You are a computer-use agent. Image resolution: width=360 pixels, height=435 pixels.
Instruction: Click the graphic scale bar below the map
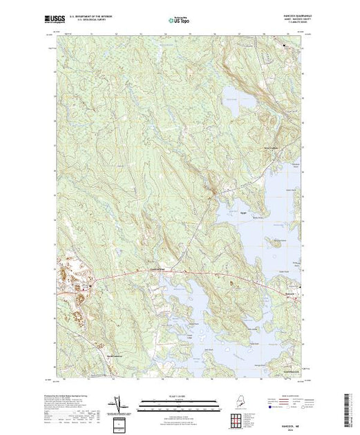172,400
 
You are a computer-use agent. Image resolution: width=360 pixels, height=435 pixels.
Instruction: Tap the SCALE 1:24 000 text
172,396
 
